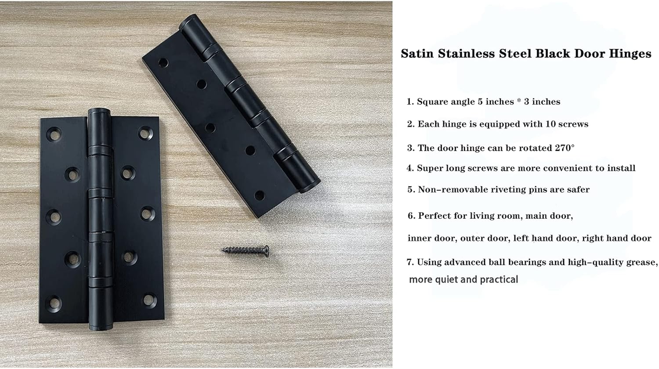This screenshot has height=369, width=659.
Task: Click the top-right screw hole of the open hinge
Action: point(144,133)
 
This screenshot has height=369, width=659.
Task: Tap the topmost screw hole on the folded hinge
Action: point(163,62)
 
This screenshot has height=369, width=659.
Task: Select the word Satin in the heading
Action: point(417,54)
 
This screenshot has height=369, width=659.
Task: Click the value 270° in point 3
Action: point(564,148)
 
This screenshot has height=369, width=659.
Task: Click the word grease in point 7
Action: point(641,262)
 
